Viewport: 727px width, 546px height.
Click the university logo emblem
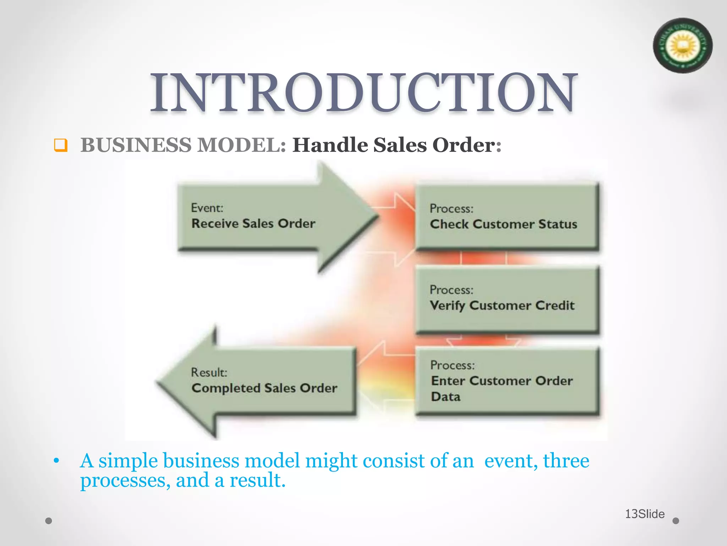pos(682,46)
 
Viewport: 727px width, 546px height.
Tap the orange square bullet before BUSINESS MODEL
pos(61,145)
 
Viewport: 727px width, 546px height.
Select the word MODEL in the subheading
pos(241,145)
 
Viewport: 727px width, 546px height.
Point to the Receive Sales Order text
pos(253,224)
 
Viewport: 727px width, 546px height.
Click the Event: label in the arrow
pos(207,208)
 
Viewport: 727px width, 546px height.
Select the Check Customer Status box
pos(507,217)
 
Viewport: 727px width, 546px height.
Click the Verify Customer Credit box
pos(507,299)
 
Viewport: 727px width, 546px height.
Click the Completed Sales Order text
pos(264,388)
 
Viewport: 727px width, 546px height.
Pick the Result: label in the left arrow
pos(209,373)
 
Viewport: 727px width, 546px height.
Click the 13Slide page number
pos(644,514)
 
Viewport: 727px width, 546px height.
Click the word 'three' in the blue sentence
pos(566,461)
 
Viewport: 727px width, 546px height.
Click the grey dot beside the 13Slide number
pos(676,521)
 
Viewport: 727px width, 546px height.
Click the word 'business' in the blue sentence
pos(201,461)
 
